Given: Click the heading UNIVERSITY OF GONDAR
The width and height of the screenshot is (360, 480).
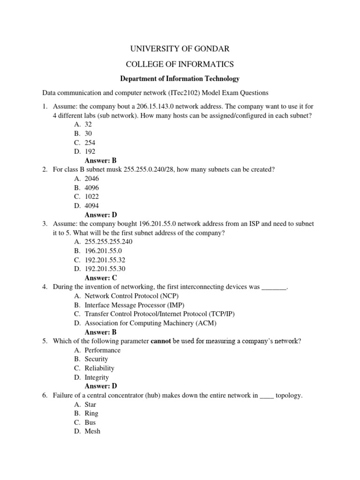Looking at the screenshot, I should click(x=180, y=48).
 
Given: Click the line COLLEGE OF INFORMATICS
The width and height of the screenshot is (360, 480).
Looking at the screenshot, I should click(x=180, y=64).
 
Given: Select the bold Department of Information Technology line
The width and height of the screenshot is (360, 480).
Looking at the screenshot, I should click(x=180, y=79).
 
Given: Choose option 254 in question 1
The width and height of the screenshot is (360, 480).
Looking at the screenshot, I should click(x=90, y=142).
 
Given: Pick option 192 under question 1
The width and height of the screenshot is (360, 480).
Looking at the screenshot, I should click(x=90, y=151).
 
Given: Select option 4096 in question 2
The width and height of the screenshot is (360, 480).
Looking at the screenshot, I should click(x=92, y=187).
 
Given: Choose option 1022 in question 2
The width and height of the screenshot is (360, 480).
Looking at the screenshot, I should click(x=92, y=196).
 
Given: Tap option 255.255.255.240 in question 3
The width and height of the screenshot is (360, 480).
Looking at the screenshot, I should click(x=108, y=242).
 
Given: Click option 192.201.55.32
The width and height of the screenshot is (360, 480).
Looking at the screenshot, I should click(x=105, y=260).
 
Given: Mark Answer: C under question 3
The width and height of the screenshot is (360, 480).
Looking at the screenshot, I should click(x=101, y=278).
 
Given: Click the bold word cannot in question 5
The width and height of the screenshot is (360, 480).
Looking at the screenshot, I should click(x=161, y=341).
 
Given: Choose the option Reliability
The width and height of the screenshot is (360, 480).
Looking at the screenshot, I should click(x=99, y=368).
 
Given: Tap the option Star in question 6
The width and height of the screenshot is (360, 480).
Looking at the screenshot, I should click(x=90, y=405).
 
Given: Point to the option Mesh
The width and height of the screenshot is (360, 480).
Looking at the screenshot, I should click(x=92, y=431).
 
